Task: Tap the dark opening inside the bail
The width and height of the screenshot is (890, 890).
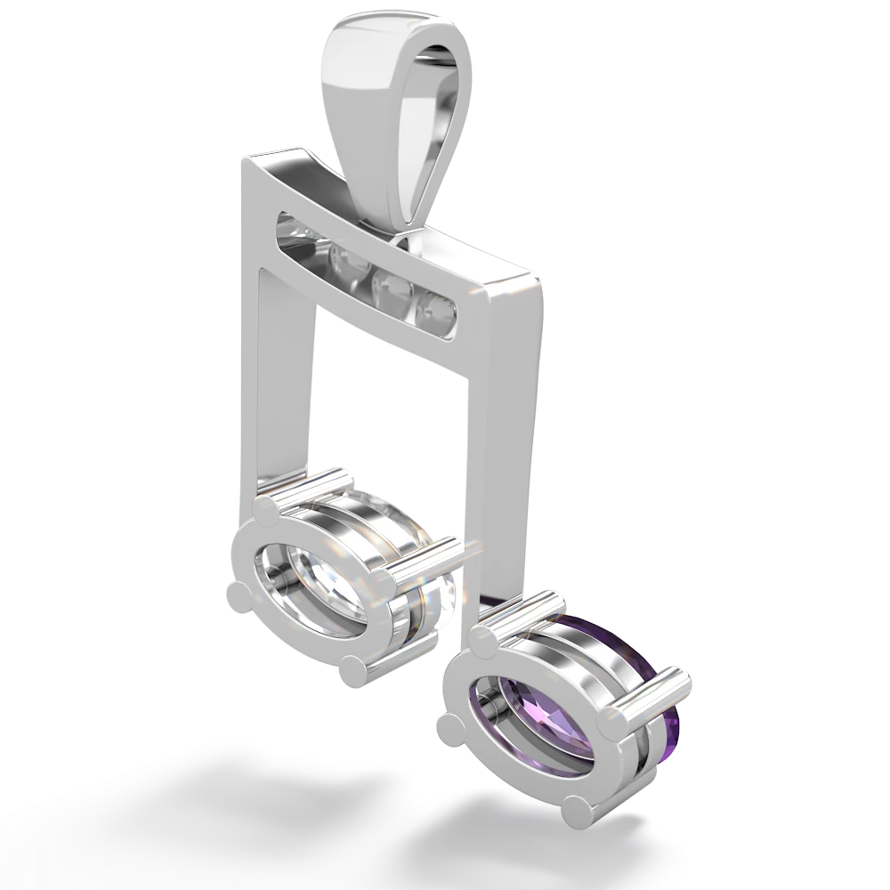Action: [434, 133]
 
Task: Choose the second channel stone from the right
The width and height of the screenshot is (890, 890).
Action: [389, 287]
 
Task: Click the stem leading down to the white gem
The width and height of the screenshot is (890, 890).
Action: [283, 383]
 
